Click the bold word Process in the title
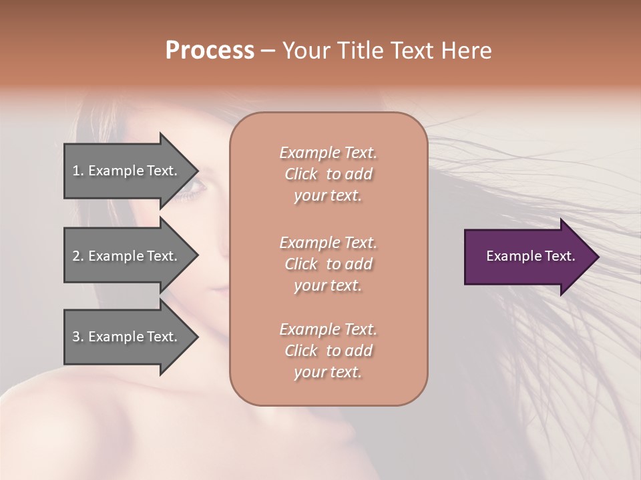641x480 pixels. [210, 51]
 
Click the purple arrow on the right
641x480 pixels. [527, 257]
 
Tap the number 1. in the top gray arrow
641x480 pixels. [78, 171]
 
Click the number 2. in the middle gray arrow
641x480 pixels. [78, 256]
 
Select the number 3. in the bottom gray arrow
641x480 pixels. [78, 337]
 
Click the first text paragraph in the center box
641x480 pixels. [328, 174]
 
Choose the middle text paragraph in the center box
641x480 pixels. [328, 264]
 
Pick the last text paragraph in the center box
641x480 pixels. [328, 351]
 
